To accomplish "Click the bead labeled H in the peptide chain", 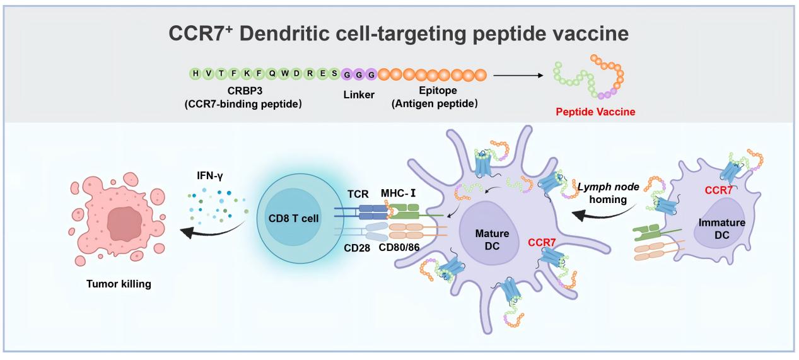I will [195, 74].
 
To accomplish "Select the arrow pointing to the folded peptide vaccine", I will [517, 75].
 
